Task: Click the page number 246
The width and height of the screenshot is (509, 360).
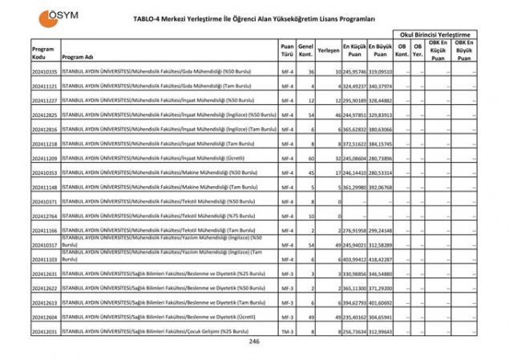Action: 254,342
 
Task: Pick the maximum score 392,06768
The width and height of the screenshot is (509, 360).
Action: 380,186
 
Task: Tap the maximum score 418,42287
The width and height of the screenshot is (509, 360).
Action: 380,258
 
